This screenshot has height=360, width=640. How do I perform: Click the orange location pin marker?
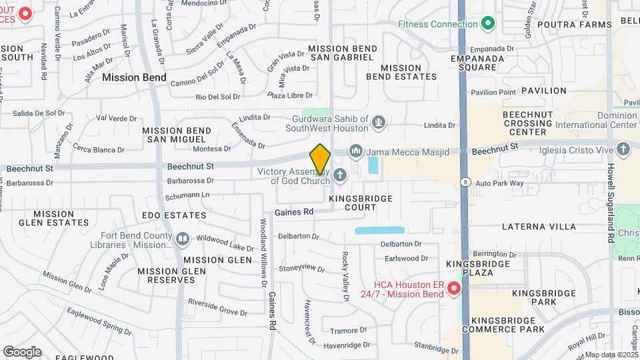pos(320,159)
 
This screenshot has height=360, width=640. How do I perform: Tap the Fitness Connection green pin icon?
pos(488,24)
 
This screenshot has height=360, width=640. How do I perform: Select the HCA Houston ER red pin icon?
pos(454,288)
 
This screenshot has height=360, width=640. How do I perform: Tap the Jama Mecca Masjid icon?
pos(355,151)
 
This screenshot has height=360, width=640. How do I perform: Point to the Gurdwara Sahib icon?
pos(379,122)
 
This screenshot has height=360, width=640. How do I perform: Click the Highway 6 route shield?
pos(464,181)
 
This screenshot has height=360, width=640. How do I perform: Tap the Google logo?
pos(22,351)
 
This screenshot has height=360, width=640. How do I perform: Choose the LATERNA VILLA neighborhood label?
pos(539,227)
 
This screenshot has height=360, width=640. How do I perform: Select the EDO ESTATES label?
pos(175,215)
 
